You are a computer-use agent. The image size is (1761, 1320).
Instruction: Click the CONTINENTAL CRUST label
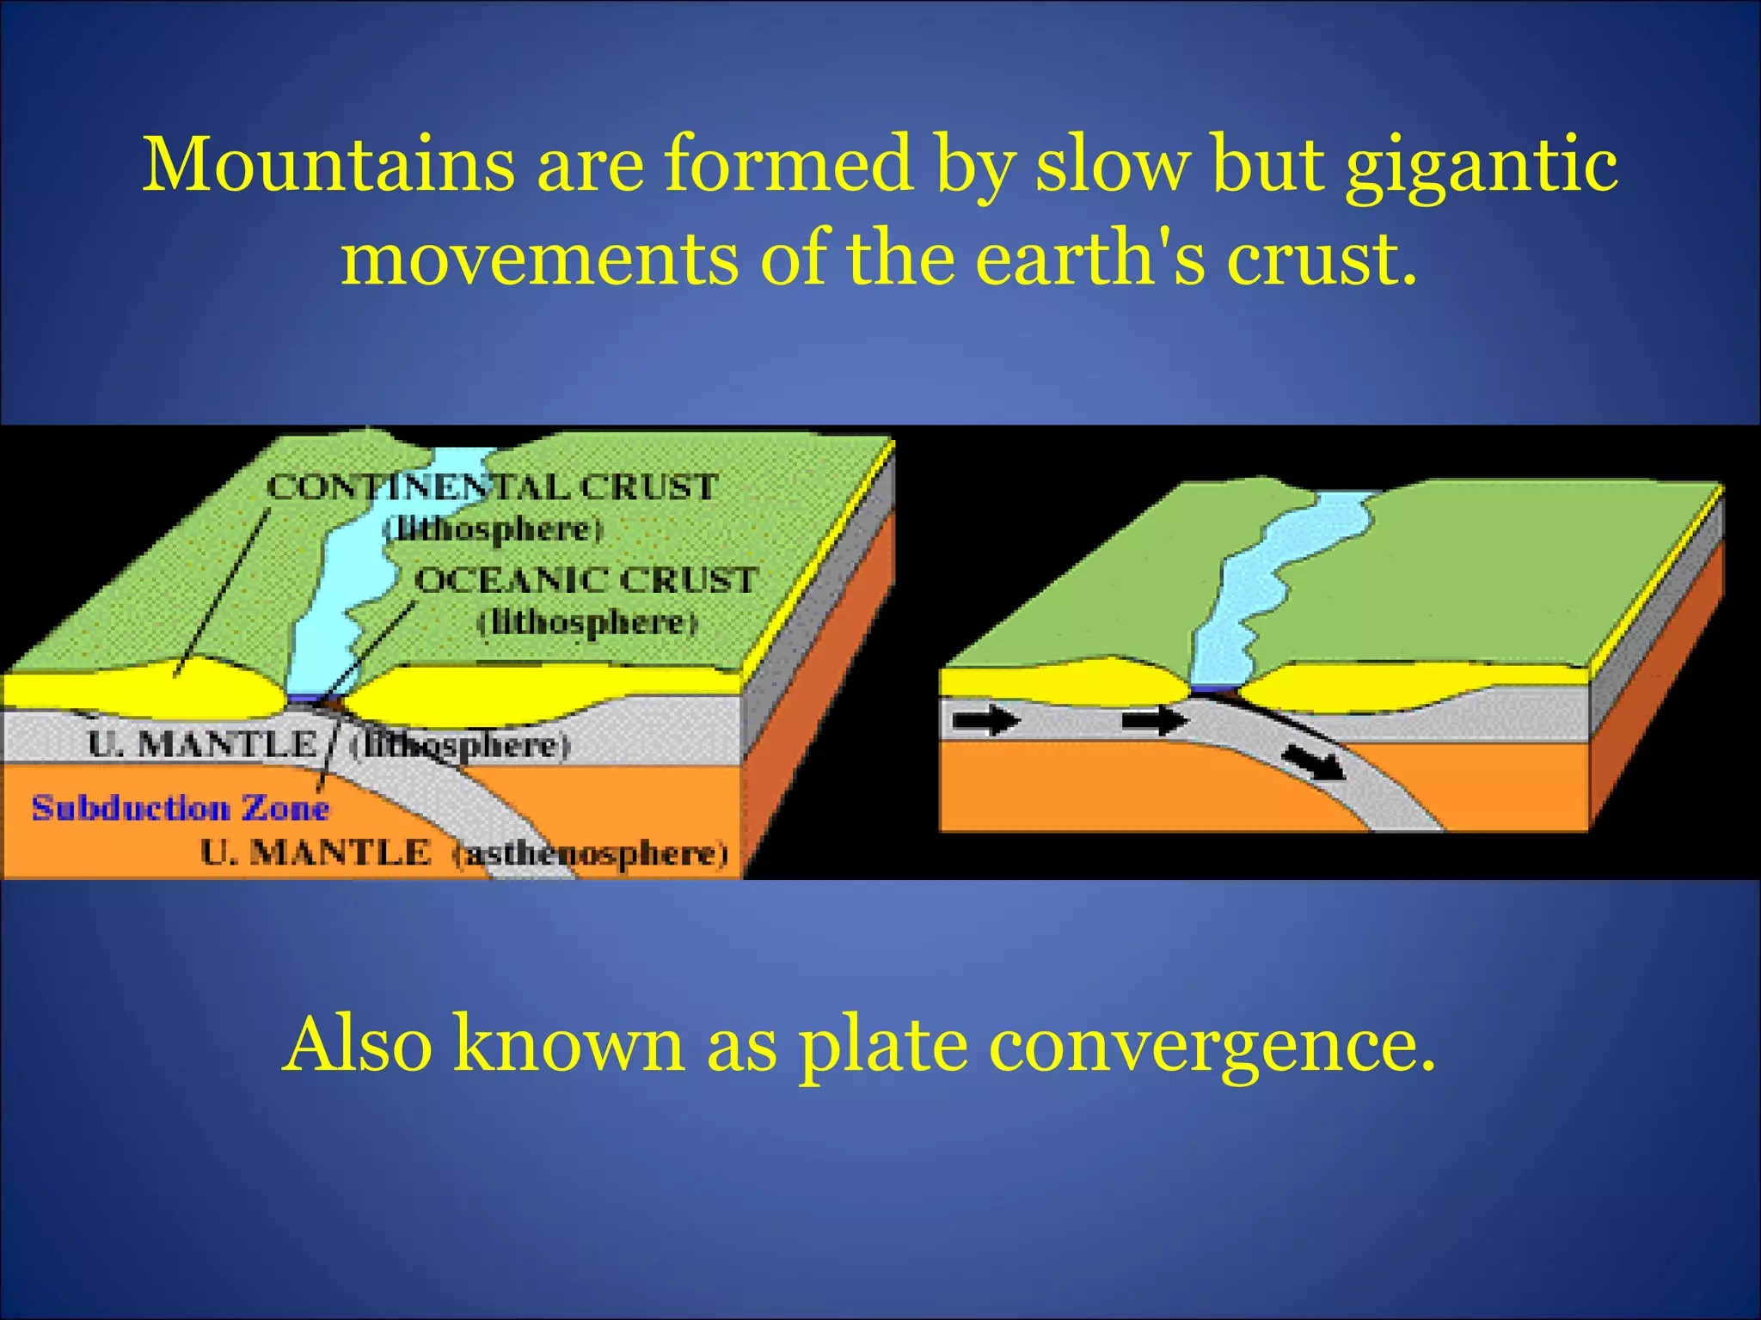[x=491, y=487]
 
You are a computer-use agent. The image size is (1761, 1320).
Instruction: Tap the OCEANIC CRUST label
[x=586, y=580]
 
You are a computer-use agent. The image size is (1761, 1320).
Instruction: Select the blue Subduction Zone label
[x=181, y=809]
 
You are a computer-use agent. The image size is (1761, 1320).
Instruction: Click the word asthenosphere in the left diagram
[x=591, y=854]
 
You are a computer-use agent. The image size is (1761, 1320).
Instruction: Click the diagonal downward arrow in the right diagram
[x=1312, y=761]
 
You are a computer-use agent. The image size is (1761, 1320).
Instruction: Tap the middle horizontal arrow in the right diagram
[x=1155, y=718]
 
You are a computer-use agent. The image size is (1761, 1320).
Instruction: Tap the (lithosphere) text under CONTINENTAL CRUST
[x=494, y=529]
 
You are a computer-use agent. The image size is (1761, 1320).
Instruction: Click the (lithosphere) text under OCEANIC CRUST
[x=587, y=622]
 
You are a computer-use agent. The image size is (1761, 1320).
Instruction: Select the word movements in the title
[x=539, y=259]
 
